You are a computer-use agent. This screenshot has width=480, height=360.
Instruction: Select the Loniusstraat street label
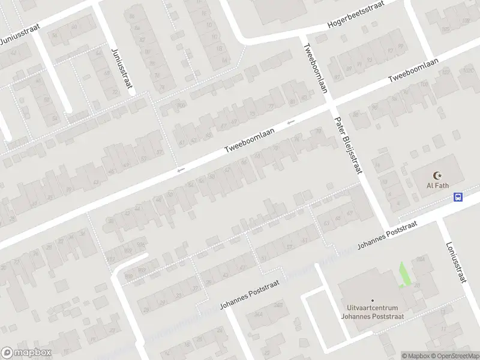456,262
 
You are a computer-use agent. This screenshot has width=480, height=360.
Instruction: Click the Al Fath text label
437,185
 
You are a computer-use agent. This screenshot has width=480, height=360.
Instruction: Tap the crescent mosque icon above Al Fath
437,175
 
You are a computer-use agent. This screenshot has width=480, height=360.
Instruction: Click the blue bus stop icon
458,197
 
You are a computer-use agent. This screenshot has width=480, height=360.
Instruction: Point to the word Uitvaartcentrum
371,308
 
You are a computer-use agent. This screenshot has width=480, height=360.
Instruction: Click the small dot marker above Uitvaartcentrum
372,300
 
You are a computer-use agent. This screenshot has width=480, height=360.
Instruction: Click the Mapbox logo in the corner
26,353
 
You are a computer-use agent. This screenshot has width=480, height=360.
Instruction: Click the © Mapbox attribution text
416,356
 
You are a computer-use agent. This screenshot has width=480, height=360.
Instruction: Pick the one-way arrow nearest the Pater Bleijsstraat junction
291,123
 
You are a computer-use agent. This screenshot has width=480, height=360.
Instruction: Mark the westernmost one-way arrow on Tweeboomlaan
179,171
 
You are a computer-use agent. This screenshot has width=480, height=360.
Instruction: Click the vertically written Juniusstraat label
121,68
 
